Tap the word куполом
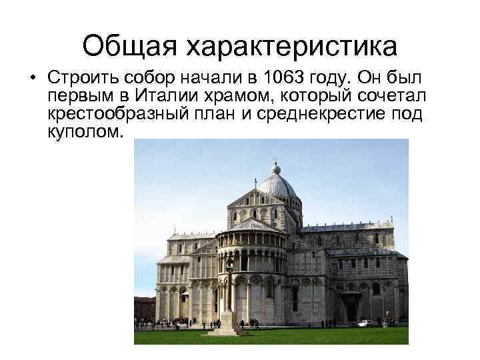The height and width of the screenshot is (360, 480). tap(85, 133)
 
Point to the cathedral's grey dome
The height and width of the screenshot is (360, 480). tap(277, 183)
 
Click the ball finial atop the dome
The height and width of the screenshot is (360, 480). tap(276, 168)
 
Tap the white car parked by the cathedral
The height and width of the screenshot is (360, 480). tap(365, 323)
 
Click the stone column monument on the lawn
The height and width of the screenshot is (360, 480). tap(229, 300)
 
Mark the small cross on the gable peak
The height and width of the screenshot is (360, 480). tap(255, 181)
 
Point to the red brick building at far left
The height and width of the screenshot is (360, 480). tap(144, 308)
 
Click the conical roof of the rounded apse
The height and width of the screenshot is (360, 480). tap(248, 225)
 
